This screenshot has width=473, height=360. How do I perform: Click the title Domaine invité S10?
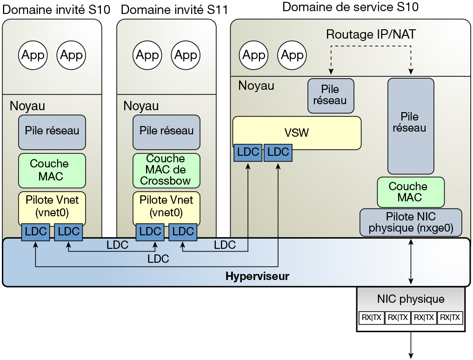pos(56,10)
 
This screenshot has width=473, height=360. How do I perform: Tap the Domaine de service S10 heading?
pos(350,7)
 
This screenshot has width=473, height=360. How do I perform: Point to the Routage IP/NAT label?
pos(371,34)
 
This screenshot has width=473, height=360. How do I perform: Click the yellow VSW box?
pos(297,133)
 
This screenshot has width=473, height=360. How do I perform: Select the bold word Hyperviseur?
pos(257,276)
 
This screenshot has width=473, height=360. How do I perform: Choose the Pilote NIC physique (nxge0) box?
pos(411,223)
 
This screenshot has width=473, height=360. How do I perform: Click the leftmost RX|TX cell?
pos(371,318)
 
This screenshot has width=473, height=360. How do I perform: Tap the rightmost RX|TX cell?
pos(450,318)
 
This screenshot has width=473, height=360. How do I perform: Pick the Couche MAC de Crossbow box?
pos(166,170)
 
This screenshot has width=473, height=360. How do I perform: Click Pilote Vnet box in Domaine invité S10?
pos(52,207)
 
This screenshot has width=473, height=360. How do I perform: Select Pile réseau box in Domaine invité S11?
pos(166,131)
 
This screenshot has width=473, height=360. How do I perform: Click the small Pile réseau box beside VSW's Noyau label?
pos(331,95)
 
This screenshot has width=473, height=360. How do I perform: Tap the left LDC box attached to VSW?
pos(247,152)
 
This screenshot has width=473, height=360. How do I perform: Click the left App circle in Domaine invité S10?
pos(33,56)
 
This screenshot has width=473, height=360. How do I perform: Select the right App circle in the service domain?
pos(293,56)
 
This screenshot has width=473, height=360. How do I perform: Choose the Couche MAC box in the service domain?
pos(411,192)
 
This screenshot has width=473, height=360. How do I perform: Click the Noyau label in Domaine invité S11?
pos(141,106)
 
